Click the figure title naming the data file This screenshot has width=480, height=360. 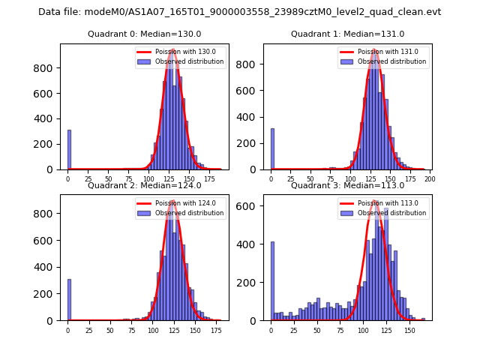[239, 12]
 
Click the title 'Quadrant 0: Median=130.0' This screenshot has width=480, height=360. [144, 34]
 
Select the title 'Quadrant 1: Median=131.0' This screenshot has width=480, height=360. [347, 34]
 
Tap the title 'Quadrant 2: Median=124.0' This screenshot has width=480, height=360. [144, 185]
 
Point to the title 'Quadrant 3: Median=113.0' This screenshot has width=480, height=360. [347, 185]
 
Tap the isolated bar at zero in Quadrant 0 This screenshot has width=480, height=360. [69, 150]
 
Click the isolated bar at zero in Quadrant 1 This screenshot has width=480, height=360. [272, 149]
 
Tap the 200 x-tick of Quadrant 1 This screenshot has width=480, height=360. [430, 179]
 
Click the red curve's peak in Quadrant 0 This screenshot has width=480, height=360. [173, 50]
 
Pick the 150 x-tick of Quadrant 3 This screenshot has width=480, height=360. [409, 330]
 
